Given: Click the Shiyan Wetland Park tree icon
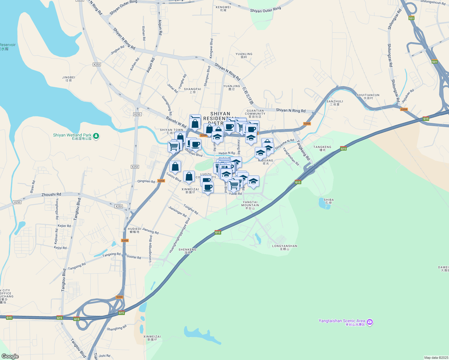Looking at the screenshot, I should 96,136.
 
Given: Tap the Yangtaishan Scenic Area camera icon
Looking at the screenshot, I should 370,322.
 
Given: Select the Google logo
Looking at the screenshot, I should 10,356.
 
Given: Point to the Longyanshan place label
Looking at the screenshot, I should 285,247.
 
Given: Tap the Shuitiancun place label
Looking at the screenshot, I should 368,96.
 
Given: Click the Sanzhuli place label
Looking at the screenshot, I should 335,103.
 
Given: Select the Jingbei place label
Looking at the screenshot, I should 69,79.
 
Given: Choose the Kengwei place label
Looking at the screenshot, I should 223,8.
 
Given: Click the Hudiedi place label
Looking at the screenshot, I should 134,230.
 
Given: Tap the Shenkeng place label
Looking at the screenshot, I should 187,251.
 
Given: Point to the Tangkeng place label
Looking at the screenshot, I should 322,148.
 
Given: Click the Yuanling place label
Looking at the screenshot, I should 244,55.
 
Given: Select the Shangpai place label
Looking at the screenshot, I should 193,90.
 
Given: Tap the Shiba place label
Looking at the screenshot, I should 329,201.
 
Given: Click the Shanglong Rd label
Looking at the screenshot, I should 117,328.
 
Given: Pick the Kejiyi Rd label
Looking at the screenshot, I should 60,248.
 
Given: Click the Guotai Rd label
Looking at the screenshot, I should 134,257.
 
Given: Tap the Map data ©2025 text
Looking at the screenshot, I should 436,358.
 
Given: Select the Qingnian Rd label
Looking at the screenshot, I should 146,181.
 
